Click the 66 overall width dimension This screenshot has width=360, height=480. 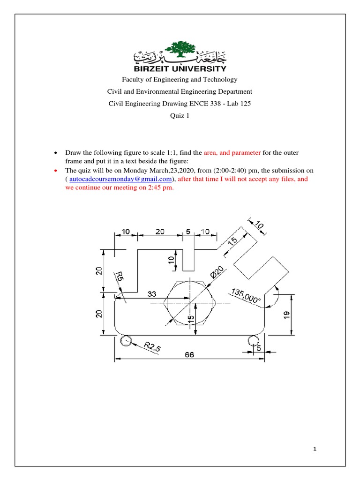[189, 355]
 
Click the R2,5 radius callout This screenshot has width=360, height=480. [153, 347]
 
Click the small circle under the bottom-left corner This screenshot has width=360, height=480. [126, 341]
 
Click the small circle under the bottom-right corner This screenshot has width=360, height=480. [254, 341]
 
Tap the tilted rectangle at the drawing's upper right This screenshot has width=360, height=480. [260, 268]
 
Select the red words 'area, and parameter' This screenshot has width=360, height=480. [232, 153]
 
